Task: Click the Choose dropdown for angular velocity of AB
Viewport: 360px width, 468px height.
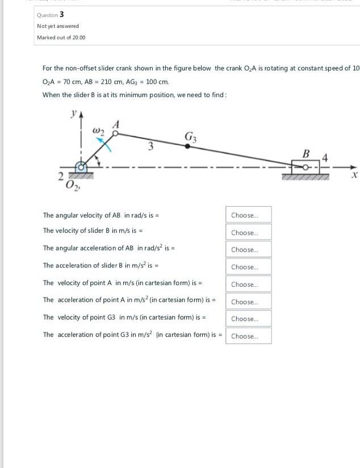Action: pyautogui.click(x=248, y=215)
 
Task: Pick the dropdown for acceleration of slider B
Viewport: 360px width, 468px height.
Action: pyautogui.click(x=248, y=267)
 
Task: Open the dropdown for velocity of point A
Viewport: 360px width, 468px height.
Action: pyautogui.click(x=248, y=285)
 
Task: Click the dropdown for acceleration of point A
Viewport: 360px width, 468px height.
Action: pyautogui.click(x=248, y=302)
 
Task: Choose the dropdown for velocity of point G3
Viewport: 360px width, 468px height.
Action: pyautogui.click(x=248, y=319)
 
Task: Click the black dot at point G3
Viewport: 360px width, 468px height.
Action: pyautogui.click(x=187, y=146)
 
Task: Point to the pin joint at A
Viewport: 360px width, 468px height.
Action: pyautogui.click(x=115, y=134)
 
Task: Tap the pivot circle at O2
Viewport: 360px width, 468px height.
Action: pyautogui.click(x=83, y=167)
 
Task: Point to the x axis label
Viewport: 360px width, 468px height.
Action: pyautogui.click(x=354, y=177)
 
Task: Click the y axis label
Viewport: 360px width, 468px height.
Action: pyautogui.click(x=73, y=114)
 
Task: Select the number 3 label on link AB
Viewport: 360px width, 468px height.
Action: pyautogui.click(x=150, y=147)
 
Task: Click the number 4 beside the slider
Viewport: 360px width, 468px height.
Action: pyautogui.click(x=325, y=156)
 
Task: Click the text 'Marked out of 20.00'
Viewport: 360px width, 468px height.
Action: pyautogui.click(x=61, y=37)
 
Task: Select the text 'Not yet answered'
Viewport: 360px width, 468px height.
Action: pyautogui.click(x=58, y=26)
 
